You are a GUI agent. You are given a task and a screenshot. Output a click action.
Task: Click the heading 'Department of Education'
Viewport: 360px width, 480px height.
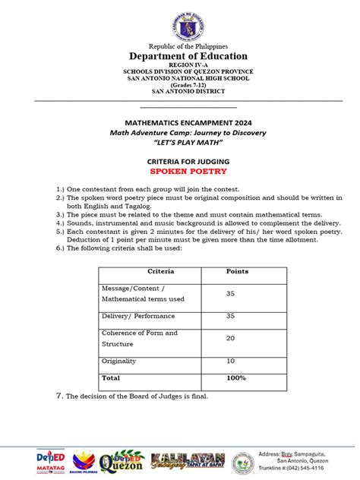[x=177, y=56]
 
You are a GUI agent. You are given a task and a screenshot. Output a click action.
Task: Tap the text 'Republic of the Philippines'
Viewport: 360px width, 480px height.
[x=177, y=46]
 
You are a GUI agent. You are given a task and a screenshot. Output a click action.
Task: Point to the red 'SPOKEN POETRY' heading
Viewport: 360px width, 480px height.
[x=177, y=171]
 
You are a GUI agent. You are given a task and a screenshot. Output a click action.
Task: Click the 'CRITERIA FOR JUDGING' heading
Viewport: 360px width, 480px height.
[x=177, y=161]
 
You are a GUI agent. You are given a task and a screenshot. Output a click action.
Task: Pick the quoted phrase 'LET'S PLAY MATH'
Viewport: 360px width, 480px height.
[x=177, y=141]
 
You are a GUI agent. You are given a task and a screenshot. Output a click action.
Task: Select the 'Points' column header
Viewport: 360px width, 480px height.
[x=237, y=271]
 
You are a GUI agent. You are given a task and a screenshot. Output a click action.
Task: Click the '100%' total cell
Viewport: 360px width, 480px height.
[x=235, y=377]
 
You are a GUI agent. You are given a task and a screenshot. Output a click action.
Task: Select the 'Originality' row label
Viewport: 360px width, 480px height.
[x=120, y=361]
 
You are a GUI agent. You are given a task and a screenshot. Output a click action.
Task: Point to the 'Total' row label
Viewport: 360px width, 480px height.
[x=111, y=377]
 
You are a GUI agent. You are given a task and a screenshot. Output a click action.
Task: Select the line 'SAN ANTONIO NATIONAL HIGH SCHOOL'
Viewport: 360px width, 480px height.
[x=177, y=78]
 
